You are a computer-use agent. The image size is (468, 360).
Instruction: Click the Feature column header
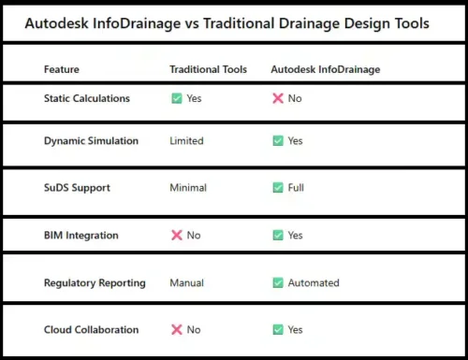coord(62,69)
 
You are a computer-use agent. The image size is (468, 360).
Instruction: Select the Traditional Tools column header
coord(208,69)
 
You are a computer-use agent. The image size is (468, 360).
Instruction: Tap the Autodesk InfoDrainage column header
coord(325,69)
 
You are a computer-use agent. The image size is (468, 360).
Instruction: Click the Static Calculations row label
coord(87,98)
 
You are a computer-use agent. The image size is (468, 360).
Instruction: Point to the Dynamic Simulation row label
coord(91,141)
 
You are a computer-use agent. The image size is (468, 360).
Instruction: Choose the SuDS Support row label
coord(77,188)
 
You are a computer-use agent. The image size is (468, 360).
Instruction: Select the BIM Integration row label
coord(81,236)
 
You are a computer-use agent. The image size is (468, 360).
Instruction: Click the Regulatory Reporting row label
coord(95,282)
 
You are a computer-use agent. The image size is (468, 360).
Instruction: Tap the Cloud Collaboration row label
coord(91,329)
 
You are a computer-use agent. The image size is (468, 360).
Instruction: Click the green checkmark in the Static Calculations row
coord(176,98)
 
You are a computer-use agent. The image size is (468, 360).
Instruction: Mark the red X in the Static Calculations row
coord(278,98)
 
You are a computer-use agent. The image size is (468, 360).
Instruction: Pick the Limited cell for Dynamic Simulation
coord(186,141)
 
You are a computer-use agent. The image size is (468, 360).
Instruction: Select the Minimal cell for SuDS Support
coord(188,188)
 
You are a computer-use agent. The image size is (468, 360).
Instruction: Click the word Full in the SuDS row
coord(296,188)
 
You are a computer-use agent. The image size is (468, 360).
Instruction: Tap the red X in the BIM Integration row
coord(176,236)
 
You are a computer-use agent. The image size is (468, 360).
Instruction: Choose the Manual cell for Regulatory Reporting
coord(186,282)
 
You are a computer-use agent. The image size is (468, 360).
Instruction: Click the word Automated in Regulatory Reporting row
coord(314,282)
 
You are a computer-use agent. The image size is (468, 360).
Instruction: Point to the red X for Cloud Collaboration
coord(176,329)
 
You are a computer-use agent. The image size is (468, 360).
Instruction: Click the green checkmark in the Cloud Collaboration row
coord(278,329)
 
